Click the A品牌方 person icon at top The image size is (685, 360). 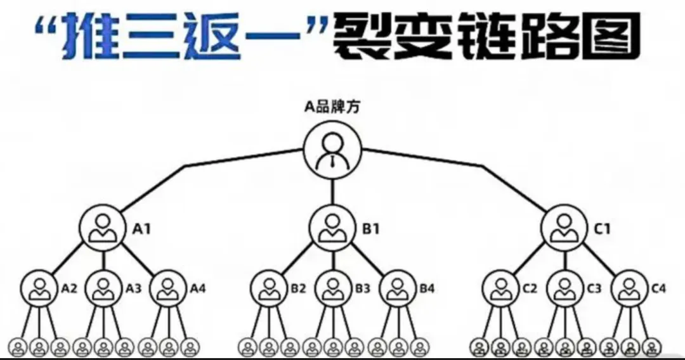coord(332,151)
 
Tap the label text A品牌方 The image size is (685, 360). coord(332,107)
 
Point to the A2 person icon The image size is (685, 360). coord(40,288)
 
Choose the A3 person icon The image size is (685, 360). coord(104,288)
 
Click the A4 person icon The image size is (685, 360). coord(169,288)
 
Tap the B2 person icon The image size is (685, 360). coord(270,288)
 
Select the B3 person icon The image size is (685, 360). coord(334,288)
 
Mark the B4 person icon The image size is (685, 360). coord(398,288)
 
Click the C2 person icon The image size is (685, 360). coord(500,288)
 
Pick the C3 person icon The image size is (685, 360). coord(564,288)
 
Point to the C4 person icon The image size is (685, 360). coord(629,288)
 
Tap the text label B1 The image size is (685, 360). coord(370,229)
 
